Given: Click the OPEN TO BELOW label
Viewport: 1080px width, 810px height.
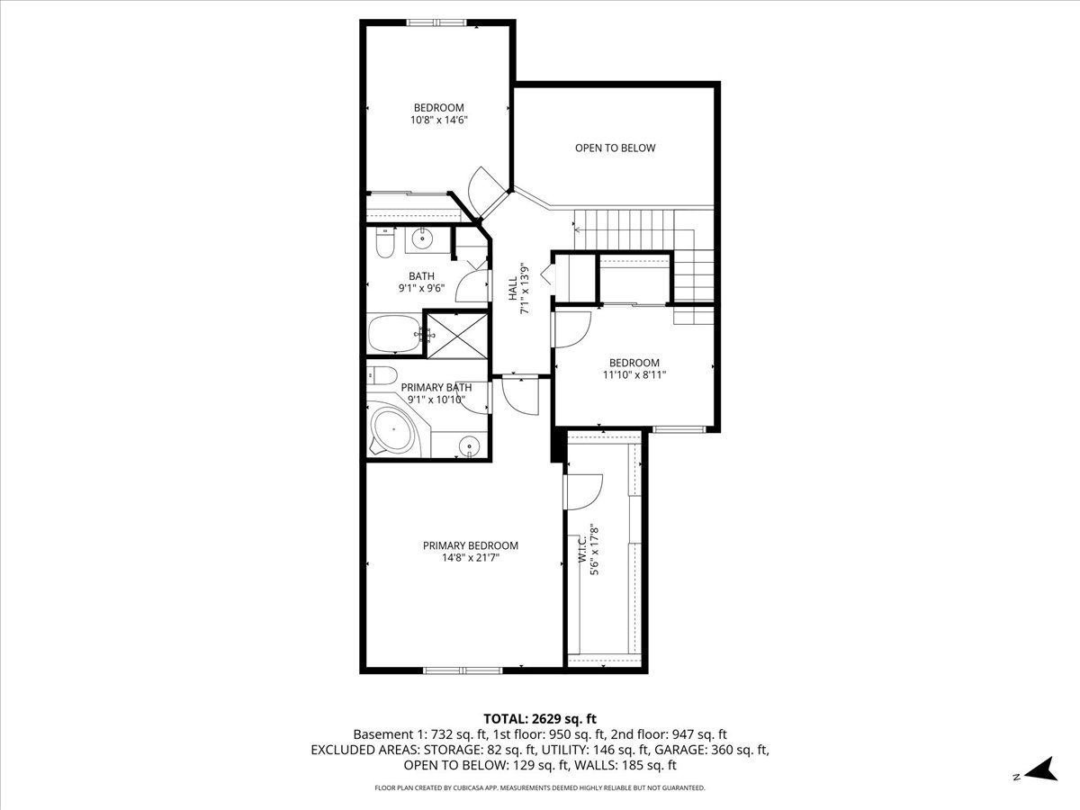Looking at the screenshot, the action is point(615,148).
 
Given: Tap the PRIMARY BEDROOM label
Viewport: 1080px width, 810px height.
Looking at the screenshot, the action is point(471,545).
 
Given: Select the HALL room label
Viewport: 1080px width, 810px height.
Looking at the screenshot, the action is point(513,289).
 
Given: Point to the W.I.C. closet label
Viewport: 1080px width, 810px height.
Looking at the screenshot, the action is point(582,549).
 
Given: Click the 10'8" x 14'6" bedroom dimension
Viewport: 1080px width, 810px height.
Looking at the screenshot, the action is point(439,120).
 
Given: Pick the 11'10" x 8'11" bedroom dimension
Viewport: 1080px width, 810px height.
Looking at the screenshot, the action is point(634,374).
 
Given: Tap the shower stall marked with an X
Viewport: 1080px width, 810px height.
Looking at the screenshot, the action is point(457,336).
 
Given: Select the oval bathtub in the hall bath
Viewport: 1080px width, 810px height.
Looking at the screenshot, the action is point(394,334).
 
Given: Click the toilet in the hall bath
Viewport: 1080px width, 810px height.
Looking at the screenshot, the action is point(385,243).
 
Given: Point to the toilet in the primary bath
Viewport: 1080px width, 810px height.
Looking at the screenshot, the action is point(382,375).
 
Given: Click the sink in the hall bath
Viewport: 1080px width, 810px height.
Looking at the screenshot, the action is point(422,239).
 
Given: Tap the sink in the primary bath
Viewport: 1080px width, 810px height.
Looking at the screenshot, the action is point(469,446).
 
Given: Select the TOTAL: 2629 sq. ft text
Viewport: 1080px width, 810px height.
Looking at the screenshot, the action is point(540,719).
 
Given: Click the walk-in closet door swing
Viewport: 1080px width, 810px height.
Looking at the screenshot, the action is point(583,491).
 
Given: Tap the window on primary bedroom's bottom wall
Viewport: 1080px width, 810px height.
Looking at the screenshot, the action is point(463,670).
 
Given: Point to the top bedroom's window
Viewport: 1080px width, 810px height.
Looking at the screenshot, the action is point(436,22).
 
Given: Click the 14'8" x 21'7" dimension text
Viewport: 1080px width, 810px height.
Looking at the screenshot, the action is point(471,558).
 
